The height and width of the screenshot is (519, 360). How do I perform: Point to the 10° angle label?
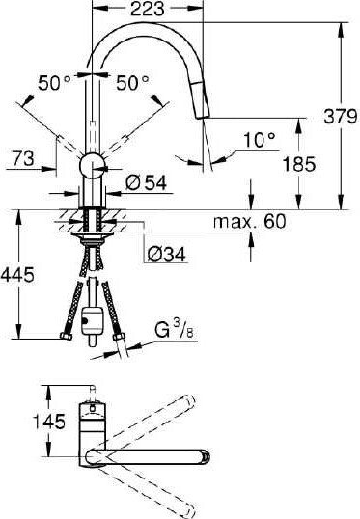[259, 140]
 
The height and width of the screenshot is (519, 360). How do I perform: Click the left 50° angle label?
[53, 85]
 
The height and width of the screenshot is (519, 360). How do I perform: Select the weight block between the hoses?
[94, 318]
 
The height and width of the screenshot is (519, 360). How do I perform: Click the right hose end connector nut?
[121, 336]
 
